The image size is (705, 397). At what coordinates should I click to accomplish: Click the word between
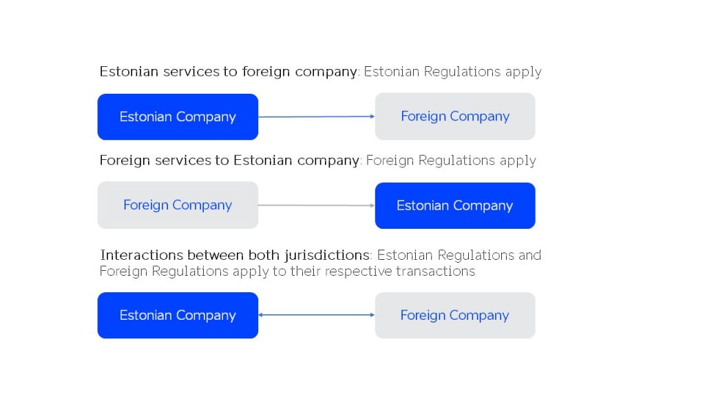point(215,255)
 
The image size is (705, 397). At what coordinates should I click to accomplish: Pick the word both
point(264,255)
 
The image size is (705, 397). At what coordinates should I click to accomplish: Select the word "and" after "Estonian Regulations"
point(529,255)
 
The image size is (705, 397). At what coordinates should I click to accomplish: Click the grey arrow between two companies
point(317,205)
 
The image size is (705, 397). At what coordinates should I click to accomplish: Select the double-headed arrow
point(317,314)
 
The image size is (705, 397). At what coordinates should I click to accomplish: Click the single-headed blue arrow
point(317,116)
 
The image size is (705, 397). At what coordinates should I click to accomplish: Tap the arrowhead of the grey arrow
point(372,205)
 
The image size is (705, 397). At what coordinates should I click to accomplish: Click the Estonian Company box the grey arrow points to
point(455,205)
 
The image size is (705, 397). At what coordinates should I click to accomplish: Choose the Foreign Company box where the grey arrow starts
point(178,205)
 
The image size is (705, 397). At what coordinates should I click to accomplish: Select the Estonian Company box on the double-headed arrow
point(178,315)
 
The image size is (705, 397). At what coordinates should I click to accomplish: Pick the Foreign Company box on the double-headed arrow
point(455,315)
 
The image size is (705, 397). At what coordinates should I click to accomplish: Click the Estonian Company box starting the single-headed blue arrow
point(178,116)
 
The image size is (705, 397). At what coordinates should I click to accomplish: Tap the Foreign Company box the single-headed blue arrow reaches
point(455,116)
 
